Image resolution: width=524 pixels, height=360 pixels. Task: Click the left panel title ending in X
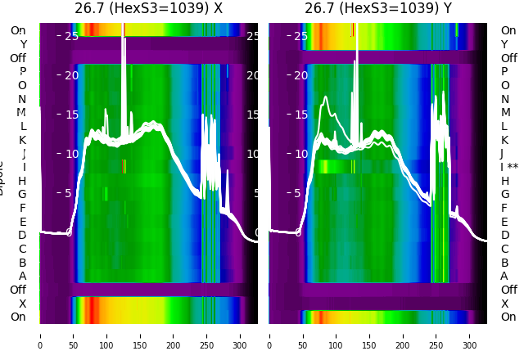tap(148, 8)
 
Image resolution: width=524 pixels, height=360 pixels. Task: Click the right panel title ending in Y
tap(378, 8)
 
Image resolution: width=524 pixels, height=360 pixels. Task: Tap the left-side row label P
tap(22, 71)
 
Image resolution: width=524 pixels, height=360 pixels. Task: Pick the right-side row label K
tap(504, 140)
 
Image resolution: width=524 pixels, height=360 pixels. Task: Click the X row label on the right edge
tap(504, 304)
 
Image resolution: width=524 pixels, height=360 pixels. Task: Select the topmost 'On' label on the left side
tap(18, 30)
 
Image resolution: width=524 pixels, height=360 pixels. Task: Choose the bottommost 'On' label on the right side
tap(508, 317)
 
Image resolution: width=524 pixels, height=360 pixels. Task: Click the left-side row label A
tap(22, 276)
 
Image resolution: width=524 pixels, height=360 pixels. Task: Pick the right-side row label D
tap(504, 235)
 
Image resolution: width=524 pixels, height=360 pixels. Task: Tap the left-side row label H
tap(22, 181)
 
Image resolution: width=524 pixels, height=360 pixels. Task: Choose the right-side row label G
tap(504, 194)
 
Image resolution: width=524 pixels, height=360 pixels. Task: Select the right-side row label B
tap(504, 263)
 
